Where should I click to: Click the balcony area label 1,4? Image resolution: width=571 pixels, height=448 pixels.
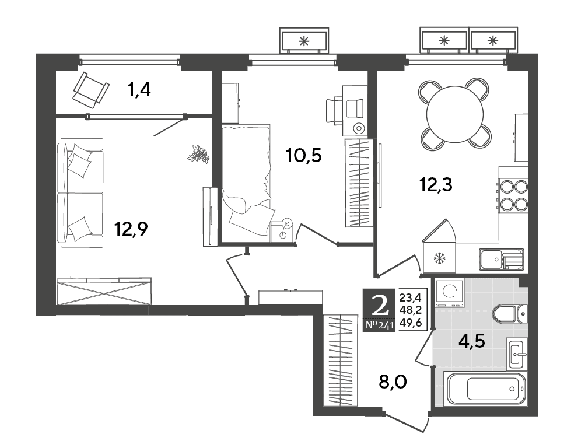[x=139, y=90]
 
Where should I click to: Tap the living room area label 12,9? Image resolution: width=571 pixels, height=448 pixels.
[x=131, y=229]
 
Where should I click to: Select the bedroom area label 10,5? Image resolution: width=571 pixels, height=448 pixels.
[x=304, y=156]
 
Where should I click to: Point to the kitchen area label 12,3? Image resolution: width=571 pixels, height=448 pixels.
[x=436, y=185]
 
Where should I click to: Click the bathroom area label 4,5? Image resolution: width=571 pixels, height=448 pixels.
[x=472, y=342]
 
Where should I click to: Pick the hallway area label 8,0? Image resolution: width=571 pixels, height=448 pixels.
[x=393, y=383]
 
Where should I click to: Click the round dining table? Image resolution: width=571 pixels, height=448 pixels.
[x=454, y=114]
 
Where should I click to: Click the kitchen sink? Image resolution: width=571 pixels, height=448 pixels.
[x=502, y=260]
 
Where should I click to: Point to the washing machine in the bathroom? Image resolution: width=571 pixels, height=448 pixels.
[x=450, y=292]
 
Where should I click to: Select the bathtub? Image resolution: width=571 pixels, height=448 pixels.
[x=485, y=388]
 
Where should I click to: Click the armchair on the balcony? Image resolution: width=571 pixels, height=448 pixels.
[x=90, y=90]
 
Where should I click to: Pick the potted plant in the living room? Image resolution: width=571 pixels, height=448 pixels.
[x=198, y=153]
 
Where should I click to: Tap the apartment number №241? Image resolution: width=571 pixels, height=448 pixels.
[x=380, y=325]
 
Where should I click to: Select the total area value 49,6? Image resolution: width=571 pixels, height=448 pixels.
[x=411, y=322]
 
